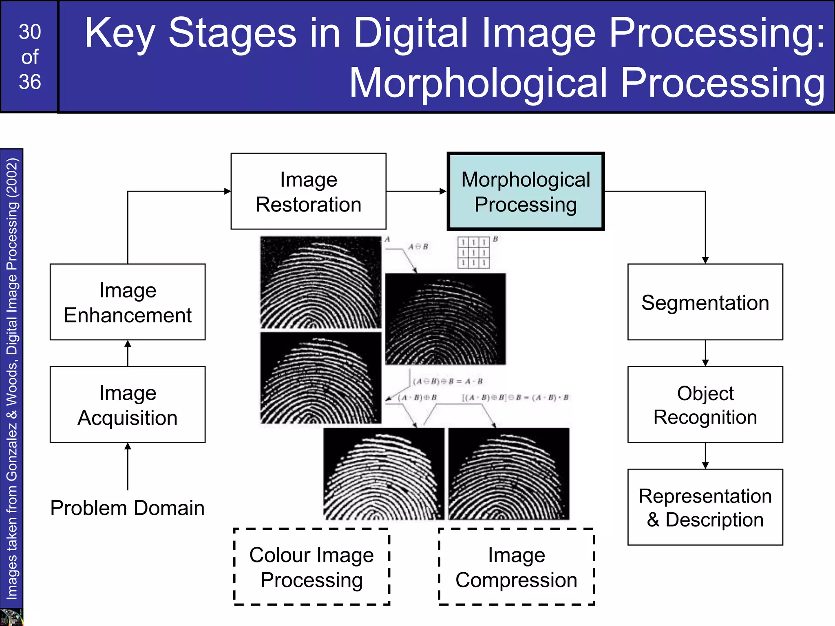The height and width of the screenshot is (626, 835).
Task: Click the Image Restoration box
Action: pyautogui.click(x=308, y=191)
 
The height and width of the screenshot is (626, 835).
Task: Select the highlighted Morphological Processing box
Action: pyautogui.click(x=526, y=191)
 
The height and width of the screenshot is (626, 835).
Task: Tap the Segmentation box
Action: pyautogui.click(x=705, y=302)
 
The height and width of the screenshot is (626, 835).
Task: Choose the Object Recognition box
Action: pyautogui.click(x=705, y=404)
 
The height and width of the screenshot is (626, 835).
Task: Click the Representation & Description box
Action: pyautogui.click(x=705, y=507)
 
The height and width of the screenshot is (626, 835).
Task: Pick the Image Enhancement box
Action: pyautogui.click(x=128, y=302)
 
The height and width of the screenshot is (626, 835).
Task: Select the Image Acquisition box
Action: pyautogui.click(x=128, y=404)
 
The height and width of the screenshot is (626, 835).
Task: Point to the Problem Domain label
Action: pyautogui.click(x=127, y=508)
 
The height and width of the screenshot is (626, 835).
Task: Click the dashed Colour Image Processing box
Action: pyautogui.click(x=311, y=567)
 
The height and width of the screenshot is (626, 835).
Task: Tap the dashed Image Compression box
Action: pyautogui.click(x=516, y=567)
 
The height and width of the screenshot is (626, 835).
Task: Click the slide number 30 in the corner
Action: pyautogui.click(x=30, y=32)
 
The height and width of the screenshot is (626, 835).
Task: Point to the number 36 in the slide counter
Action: pyautogui.click(x=30, y=82)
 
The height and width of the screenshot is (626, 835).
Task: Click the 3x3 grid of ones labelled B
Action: pyautogui.click(x=473, y=253)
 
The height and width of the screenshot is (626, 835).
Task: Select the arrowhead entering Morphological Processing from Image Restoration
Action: pyautogui.click(x=443, y=191)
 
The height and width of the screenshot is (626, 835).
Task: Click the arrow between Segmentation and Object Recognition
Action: pyautogui.click(x=705, y=353)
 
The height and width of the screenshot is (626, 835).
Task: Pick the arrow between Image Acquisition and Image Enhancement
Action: pyautogui.click(x=128, y=353)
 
